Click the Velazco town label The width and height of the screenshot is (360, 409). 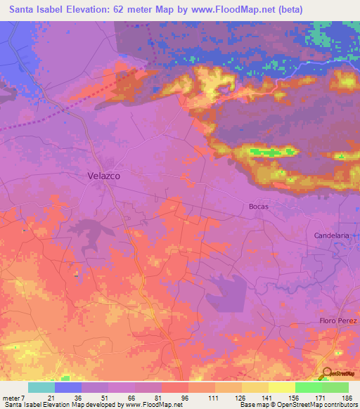tap(103, 176)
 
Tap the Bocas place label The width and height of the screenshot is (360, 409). tap(259, 207)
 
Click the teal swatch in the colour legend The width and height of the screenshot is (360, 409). tap(41, 387)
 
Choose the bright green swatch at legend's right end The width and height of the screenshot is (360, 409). tap(335, 387)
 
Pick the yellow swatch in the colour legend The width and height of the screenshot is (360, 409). tap(282, 387)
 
